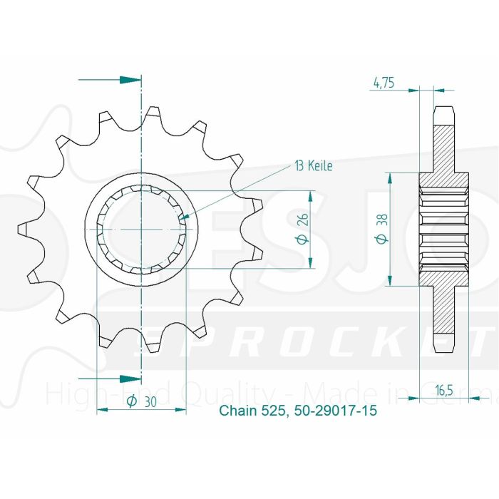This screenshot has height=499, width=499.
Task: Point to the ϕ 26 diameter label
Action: (302, 230)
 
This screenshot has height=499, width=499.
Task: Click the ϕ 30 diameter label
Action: (141, 402)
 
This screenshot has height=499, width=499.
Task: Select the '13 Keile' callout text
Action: (313, 165)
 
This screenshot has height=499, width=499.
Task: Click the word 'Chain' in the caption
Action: (235, 411)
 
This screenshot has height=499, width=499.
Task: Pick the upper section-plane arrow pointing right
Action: (129, 78)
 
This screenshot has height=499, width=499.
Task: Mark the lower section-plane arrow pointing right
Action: (129, 378)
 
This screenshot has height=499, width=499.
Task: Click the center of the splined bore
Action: (141, 229)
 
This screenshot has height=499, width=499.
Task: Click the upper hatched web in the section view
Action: (443, 150)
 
